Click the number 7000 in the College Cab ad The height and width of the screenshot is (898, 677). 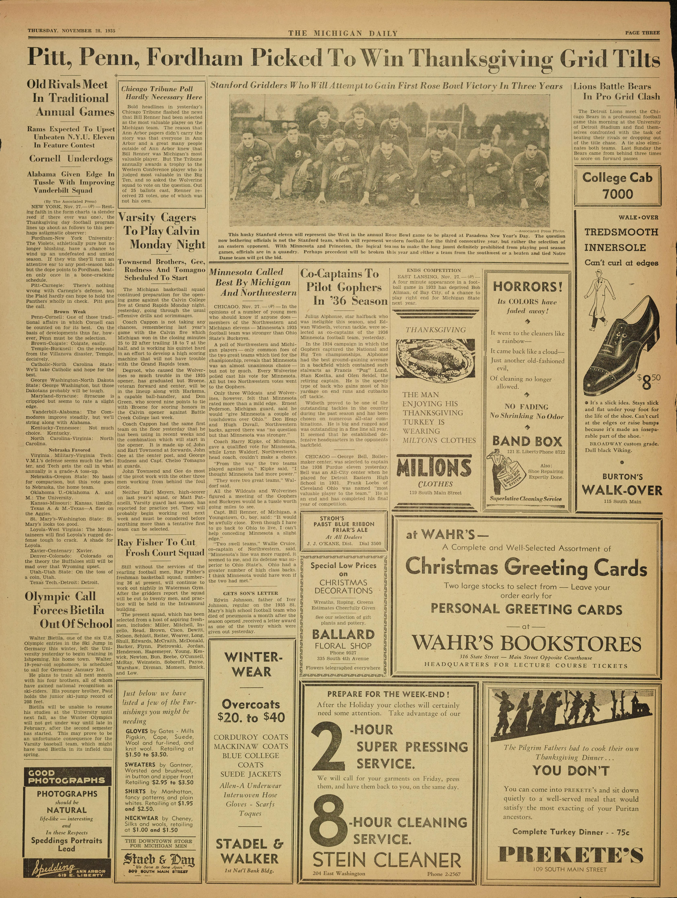[617, 194]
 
